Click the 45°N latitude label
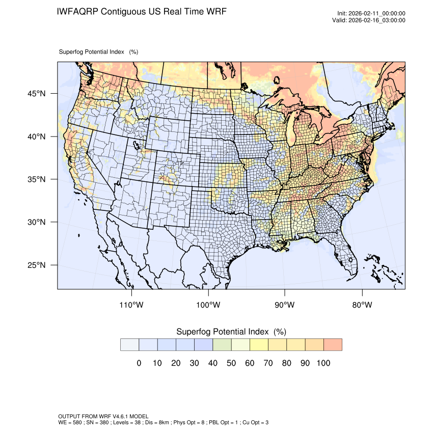tap(36, 94)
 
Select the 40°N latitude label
tap(36, 137)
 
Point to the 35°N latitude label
tap(36, 179)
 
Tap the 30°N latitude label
tap(36, 222)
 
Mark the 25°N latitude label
tap(36, 265)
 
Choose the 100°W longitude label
tap(208, 305)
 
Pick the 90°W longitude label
tap(285, 305)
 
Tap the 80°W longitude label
tap(362, 305)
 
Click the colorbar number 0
tap(139, 363)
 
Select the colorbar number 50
tap(231, 363)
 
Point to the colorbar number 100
tap(323, 363)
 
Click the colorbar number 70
tap(268, 363)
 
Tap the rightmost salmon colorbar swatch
tap(333, 345)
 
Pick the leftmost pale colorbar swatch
tap(129, 345)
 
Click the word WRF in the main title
tap(215, 11)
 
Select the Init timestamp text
tap(371, 13)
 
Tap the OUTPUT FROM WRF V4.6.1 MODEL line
tap(103, 416)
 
